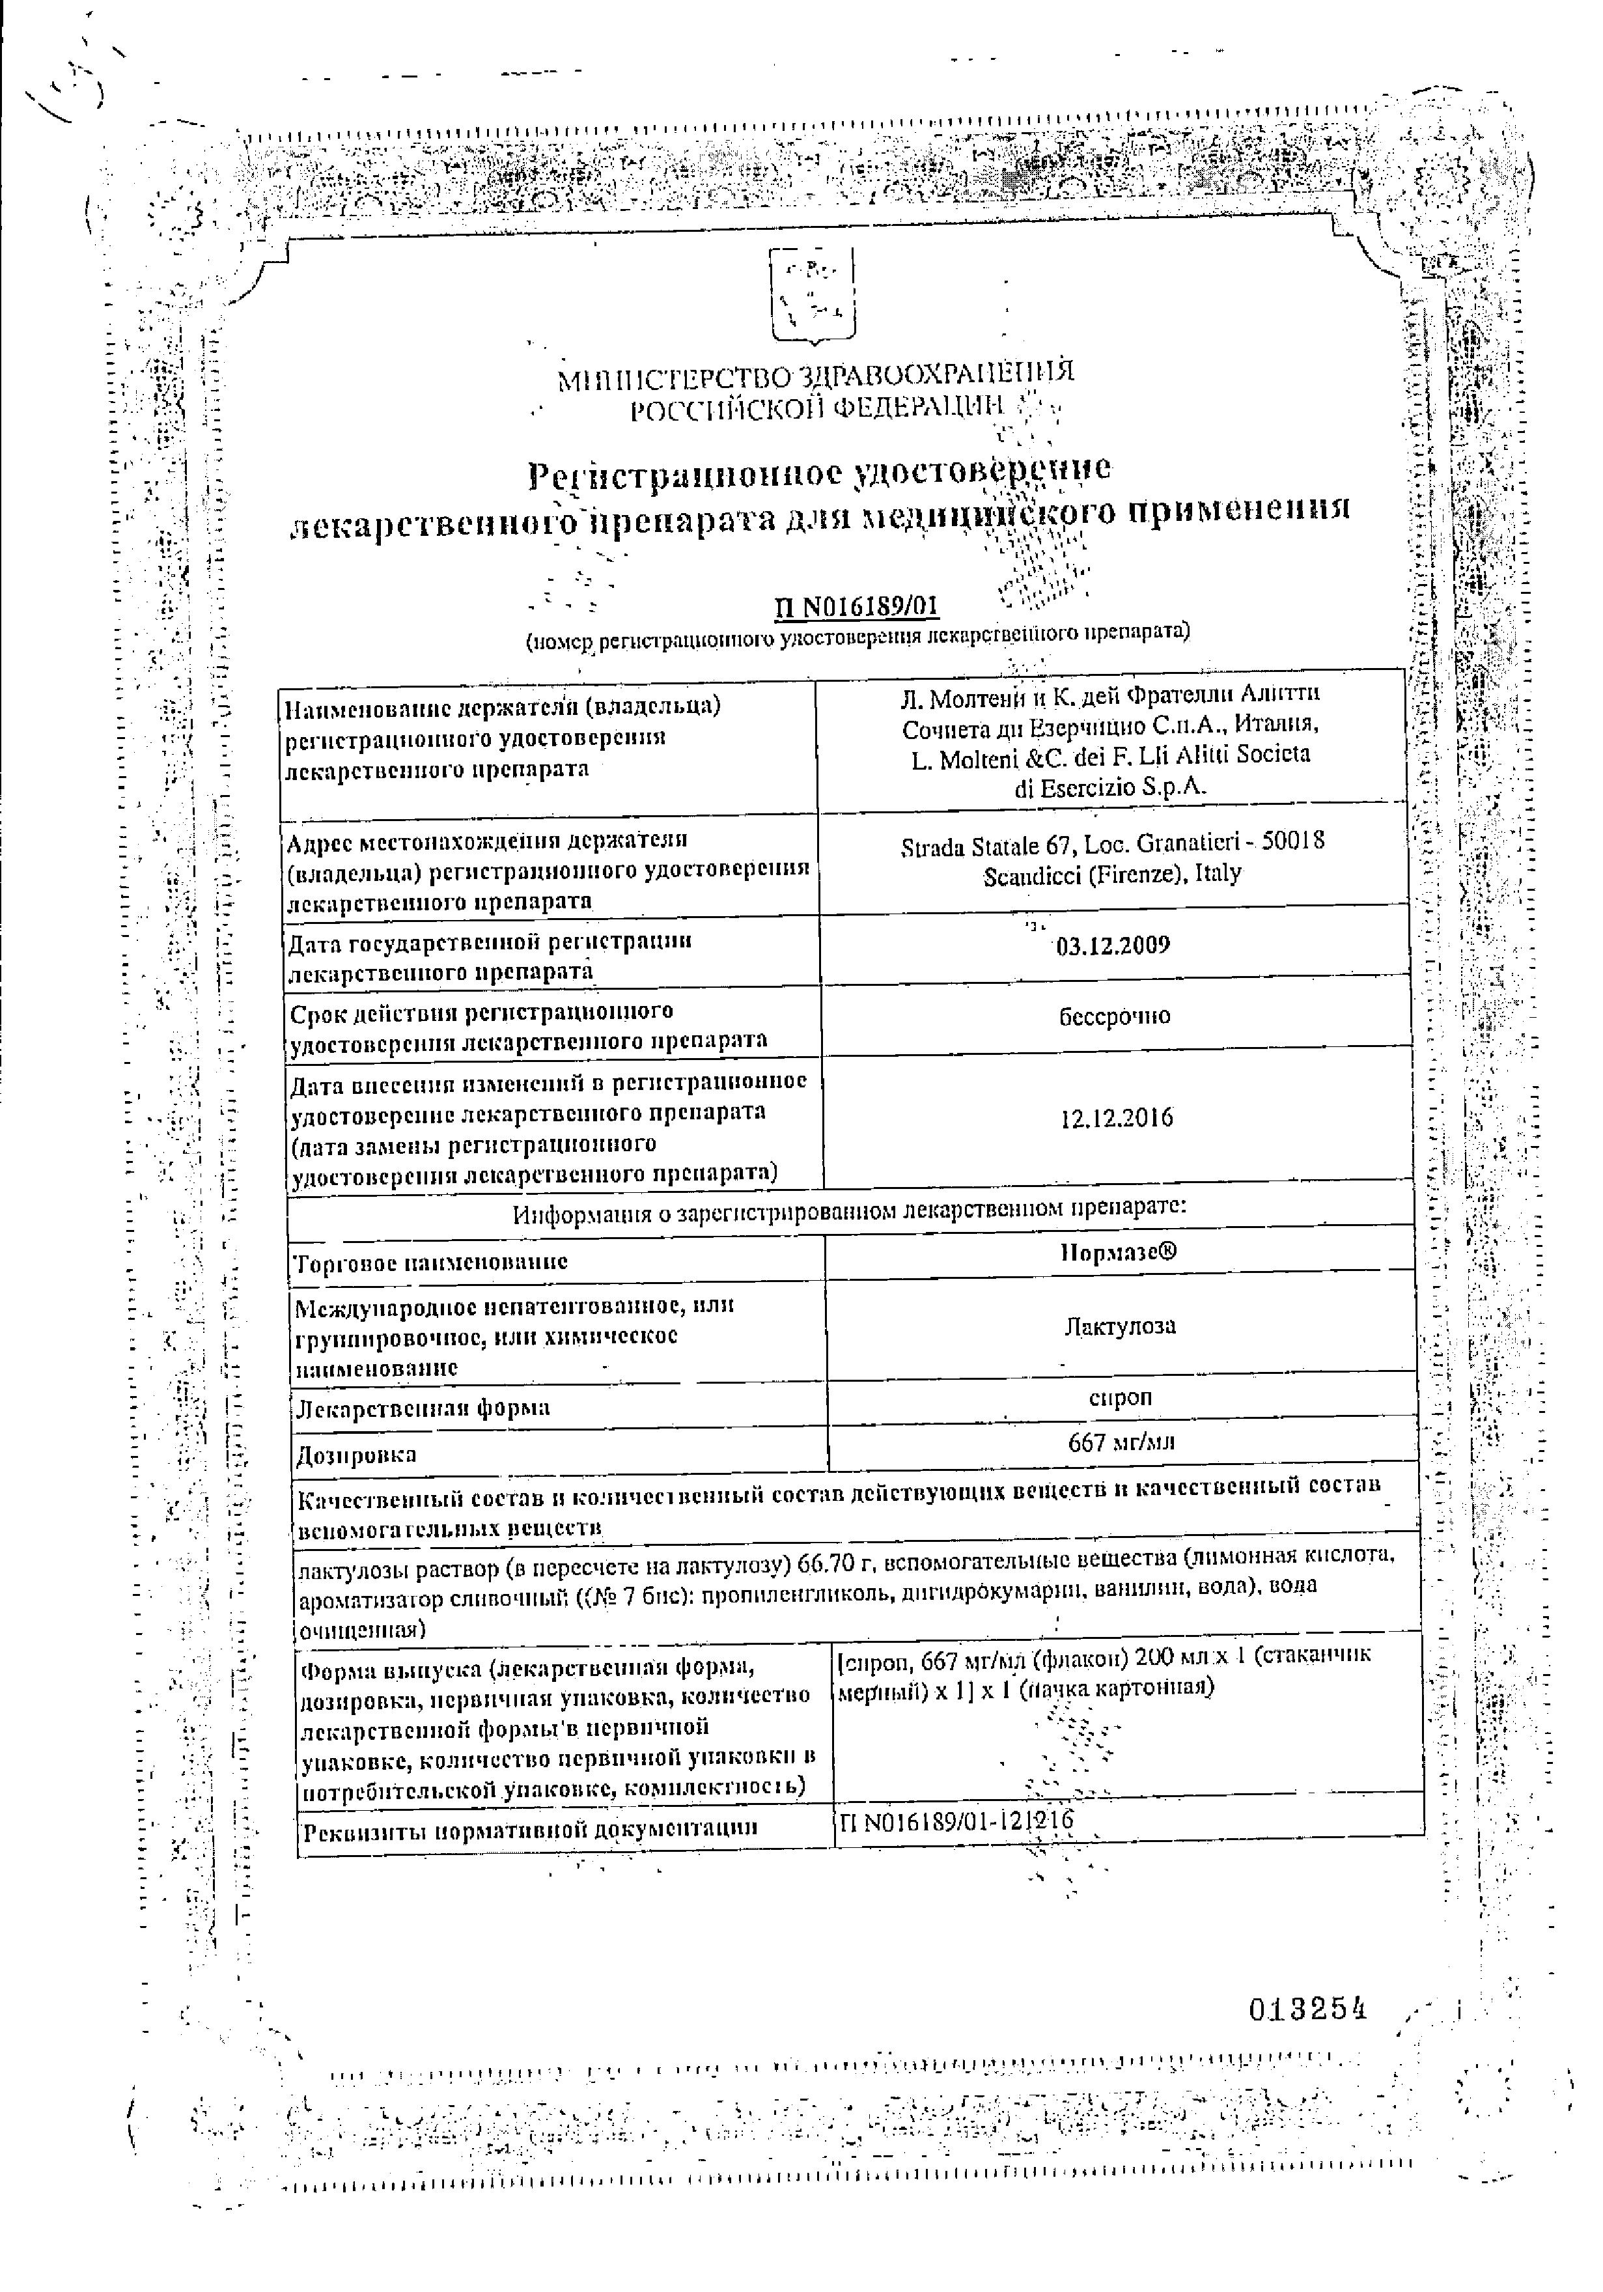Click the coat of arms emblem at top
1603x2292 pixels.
click(811, 296)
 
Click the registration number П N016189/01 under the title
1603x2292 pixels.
click(856, 606)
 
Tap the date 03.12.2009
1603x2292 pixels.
click(1112, 944)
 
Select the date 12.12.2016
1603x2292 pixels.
click(1116, 1118)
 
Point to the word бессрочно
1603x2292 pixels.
click(1114, 1016)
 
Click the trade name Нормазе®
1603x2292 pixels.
click(1118, 1252)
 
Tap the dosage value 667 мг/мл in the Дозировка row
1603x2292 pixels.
click(1120, 1442)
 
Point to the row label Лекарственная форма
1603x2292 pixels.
click(423, 1408)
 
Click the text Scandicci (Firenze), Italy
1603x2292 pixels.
click(1112, 874)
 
